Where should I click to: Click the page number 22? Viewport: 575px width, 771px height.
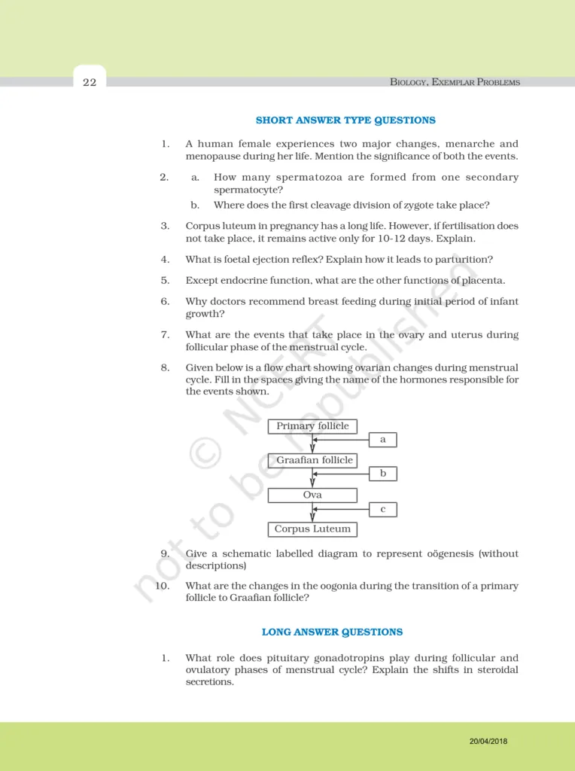(x=90, y=82)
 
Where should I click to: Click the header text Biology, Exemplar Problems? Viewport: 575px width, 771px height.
(x=455, y=82)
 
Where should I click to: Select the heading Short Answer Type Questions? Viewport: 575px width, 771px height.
(x=345, y=120)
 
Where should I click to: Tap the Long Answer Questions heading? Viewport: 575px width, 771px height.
(x=332, y=632)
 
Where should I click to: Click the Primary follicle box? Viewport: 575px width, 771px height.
(x=312, y=426)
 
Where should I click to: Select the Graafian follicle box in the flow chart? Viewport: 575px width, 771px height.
(x=312, y=460)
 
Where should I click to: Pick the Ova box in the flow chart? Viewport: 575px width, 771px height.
(x=312, y=495)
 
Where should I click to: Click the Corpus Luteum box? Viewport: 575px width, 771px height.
(x=312, y=529)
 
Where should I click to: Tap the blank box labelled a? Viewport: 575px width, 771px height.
(x=383, y=440)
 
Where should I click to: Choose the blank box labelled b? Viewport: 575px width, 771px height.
(x=383, y=474)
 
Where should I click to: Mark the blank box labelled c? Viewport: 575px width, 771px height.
(x=383, y=510)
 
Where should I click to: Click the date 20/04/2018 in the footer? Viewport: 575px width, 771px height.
(x=488, y=742)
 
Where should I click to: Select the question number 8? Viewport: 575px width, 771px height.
(x=164, y=368)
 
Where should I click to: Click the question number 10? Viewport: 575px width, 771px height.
(x=162, y=586)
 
